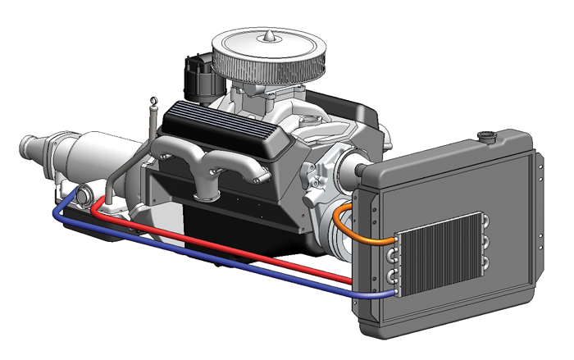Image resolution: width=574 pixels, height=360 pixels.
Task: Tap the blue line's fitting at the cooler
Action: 391,291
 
